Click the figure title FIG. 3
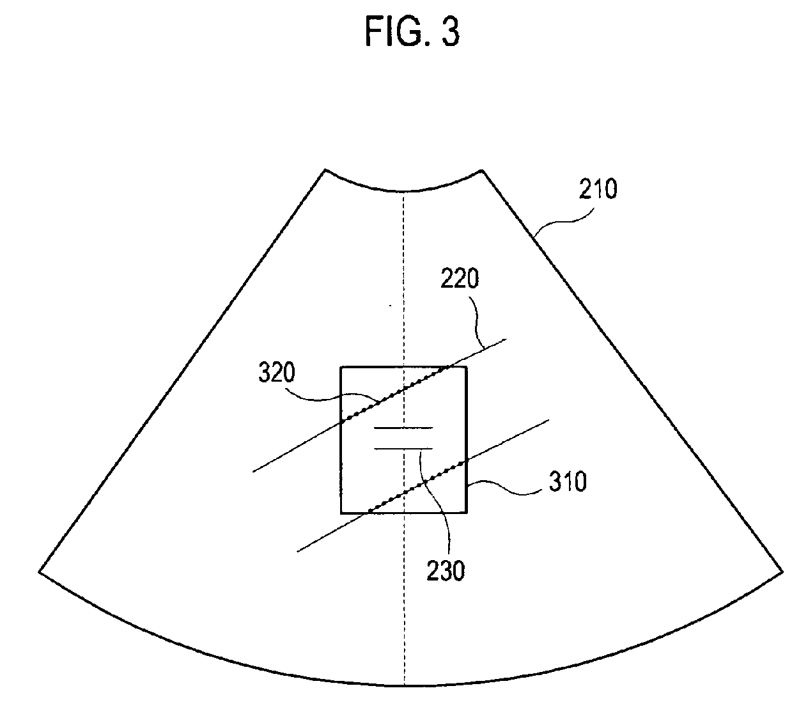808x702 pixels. (412, 32)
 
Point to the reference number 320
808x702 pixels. (277, 373)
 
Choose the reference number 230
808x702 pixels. (446, 571)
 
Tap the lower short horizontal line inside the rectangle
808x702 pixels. (403, 449)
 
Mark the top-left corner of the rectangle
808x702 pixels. (341, 367)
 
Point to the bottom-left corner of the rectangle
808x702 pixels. (341, 513)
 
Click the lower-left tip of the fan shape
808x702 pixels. (40, 571)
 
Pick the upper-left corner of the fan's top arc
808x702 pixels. (325, 169)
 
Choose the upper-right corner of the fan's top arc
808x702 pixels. (482, 170)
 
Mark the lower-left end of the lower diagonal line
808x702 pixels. (298, 550)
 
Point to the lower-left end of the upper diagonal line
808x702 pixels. (253, 472)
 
